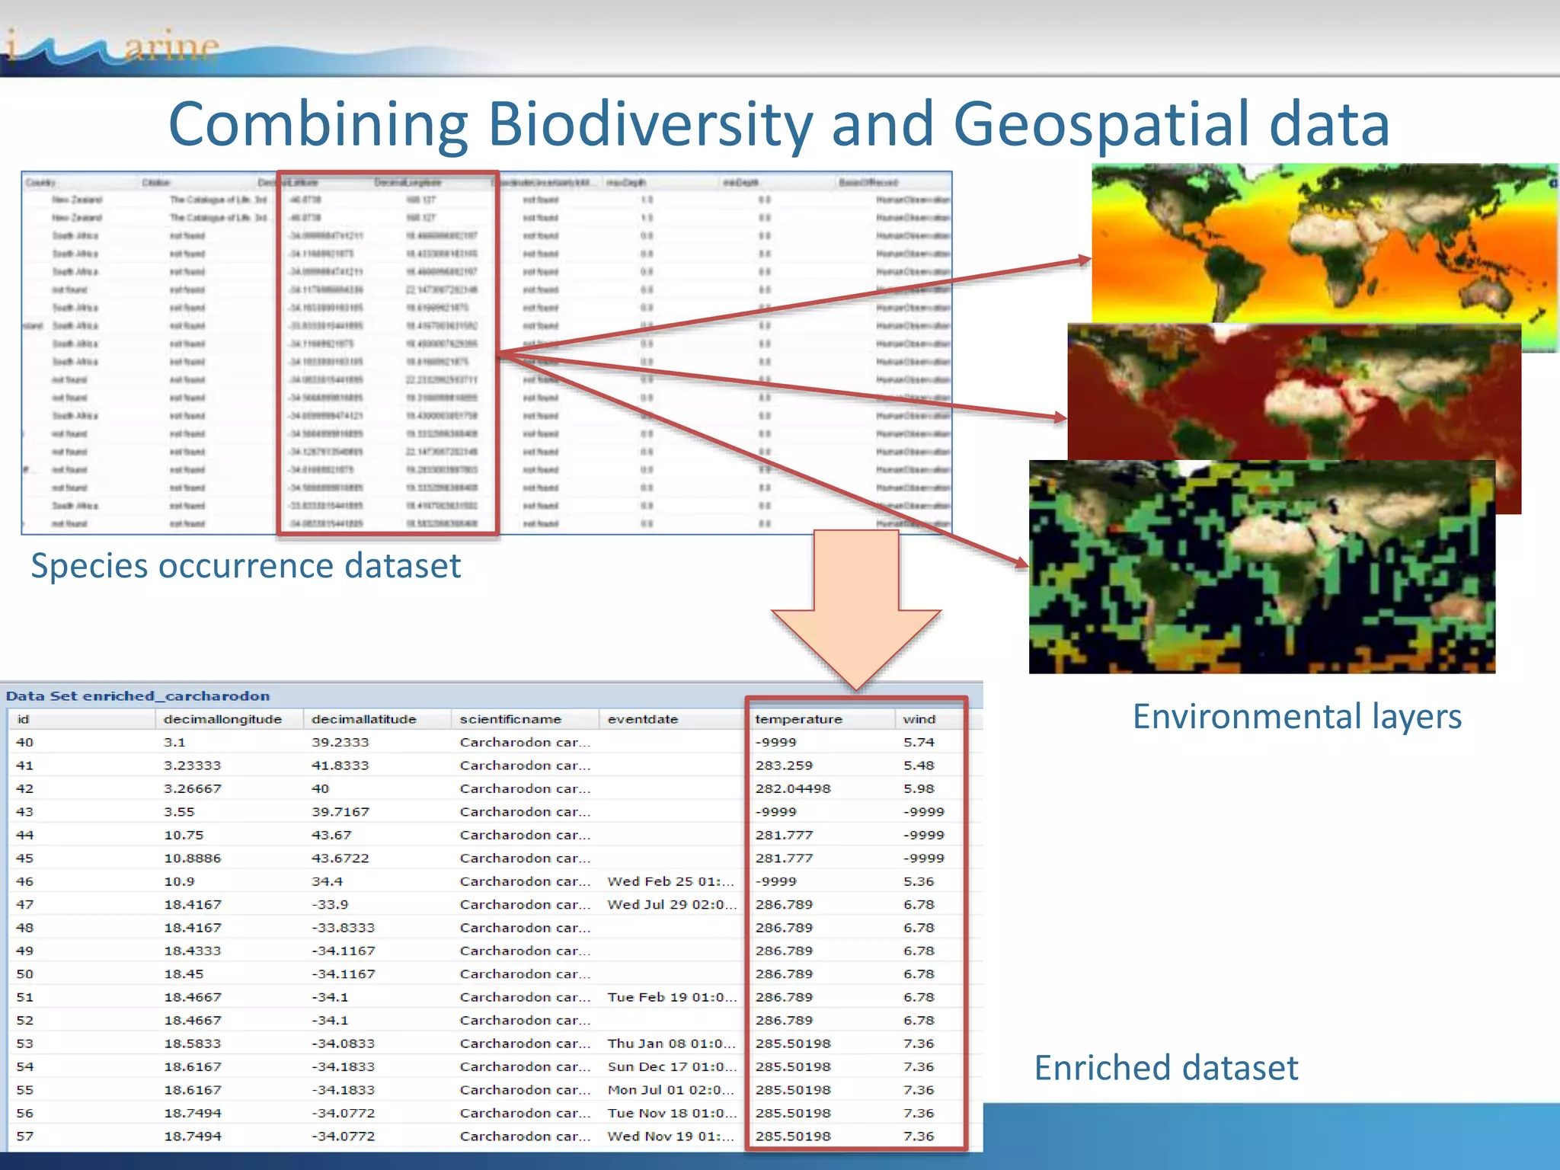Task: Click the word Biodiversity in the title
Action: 649,124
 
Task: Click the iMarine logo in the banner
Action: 114,47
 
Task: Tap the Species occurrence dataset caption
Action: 245,566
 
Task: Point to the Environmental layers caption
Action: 1296,717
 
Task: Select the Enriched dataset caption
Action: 1165,1068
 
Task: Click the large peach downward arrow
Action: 856,609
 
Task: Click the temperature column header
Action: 798,719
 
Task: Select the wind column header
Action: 919,719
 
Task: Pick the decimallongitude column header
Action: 222,719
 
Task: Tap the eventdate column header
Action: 642,719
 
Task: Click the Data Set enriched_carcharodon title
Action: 138,695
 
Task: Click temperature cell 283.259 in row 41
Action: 784,766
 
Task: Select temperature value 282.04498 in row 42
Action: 792,788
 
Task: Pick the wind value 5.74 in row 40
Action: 919,742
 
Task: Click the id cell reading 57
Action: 24,1136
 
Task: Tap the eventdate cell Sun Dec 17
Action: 670,1066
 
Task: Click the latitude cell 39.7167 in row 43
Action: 340,812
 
